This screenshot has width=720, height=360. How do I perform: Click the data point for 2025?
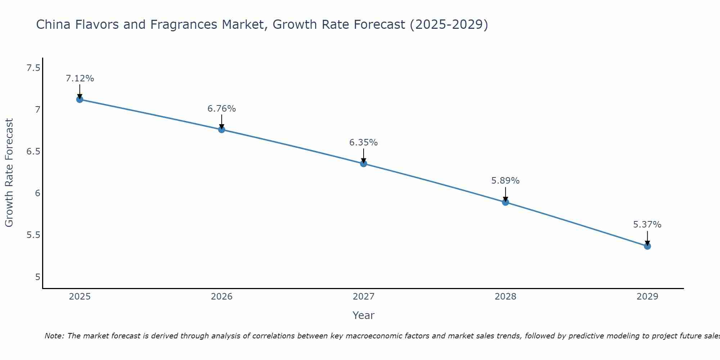(80, 99)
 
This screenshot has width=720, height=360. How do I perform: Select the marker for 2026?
(222, 130)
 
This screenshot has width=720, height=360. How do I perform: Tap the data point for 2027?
(364, 164)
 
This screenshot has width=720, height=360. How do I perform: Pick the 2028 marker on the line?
(505, 202)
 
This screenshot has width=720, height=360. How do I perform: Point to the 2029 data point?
(647, 246)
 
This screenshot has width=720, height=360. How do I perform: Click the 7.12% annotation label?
(80, 78)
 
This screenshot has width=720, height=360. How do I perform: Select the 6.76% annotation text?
(222, 109)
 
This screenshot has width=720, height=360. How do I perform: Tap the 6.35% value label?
(364, 143)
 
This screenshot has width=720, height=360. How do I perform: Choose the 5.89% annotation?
(505, 181)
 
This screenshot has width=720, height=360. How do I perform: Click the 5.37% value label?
(647, 225)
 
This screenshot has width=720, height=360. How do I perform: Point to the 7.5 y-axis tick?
(33, 68)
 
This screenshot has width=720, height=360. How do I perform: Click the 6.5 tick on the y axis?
(33, 152)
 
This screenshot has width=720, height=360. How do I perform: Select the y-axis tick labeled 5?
(37, 277)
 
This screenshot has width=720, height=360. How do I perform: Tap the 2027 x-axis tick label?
(364, 297)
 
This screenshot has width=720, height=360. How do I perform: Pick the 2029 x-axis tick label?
(647, 297)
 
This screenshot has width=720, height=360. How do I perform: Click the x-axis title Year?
(364, 315)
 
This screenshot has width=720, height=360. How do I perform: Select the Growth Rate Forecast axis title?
(9, 173)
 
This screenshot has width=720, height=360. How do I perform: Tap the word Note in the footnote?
(54, 336)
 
